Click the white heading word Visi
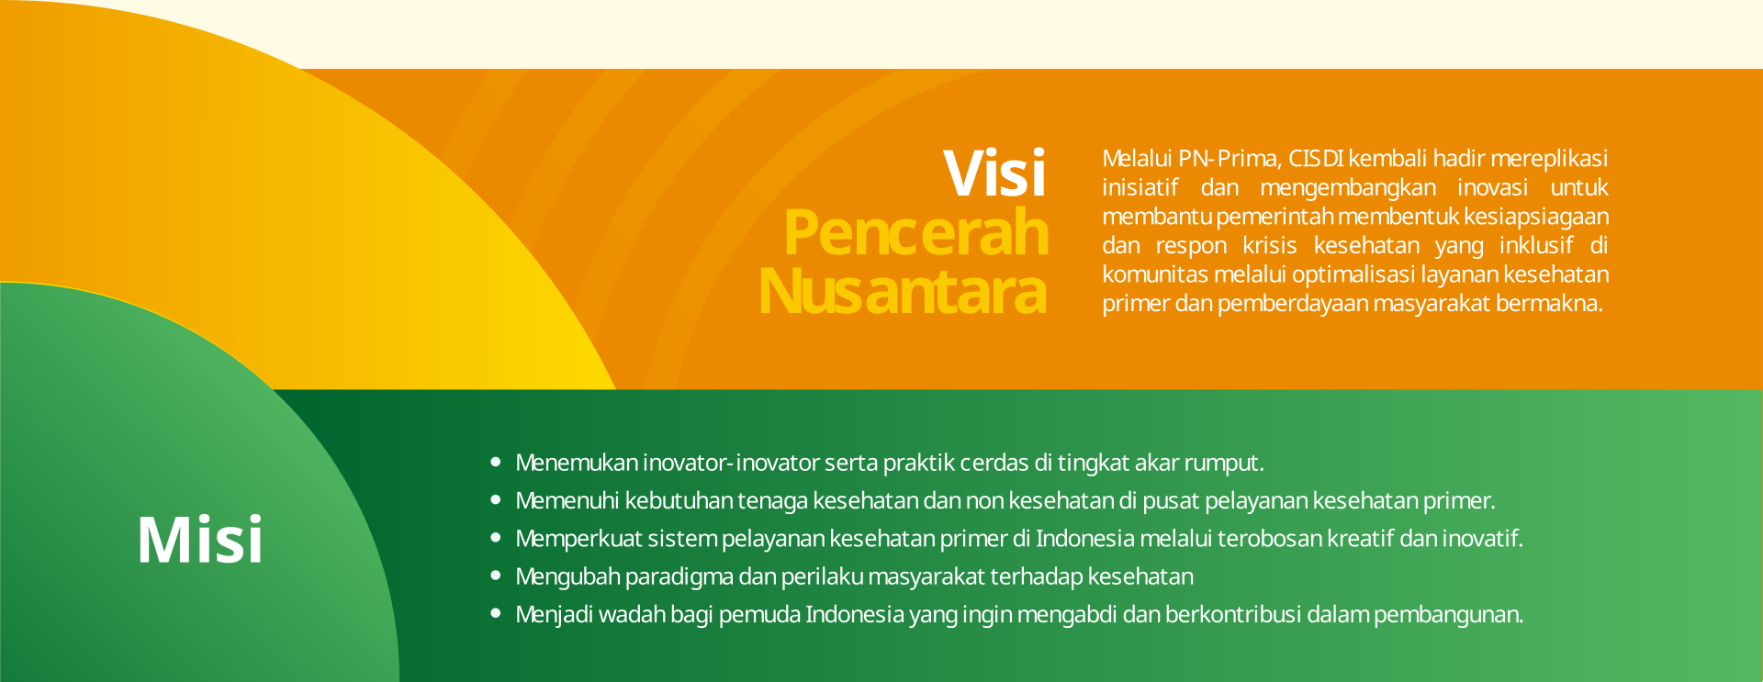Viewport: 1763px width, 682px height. pyautogui.click(x=994, y=173)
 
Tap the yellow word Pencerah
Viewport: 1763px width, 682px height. pyautogui.click(x=915, y=232)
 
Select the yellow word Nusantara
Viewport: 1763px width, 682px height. pyautogui.click(x=903, y=291)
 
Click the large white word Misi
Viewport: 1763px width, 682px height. pyautogui.click(x=200, y=539)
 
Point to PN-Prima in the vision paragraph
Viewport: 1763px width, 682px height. pyautogui.click(x=1229, y=159)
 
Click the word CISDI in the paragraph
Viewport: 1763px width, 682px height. pyautogui.click(x=1316, y=159)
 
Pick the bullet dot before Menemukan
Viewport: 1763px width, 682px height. pyautogui.click(x=496, y=462)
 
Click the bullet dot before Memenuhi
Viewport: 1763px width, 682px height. pyautogui.click(x=496, y=500)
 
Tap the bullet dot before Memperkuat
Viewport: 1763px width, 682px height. pyautogui.click(x=496, y=538)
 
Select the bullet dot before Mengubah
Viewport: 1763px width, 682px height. pyautogui.click(x=496, y=576)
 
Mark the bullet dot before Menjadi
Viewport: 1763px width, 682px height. pyautogui.click(x=496, y=613)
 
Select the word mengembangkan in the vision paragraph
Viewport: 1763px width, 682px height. pyautogui.click(x=1348, y=188)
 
